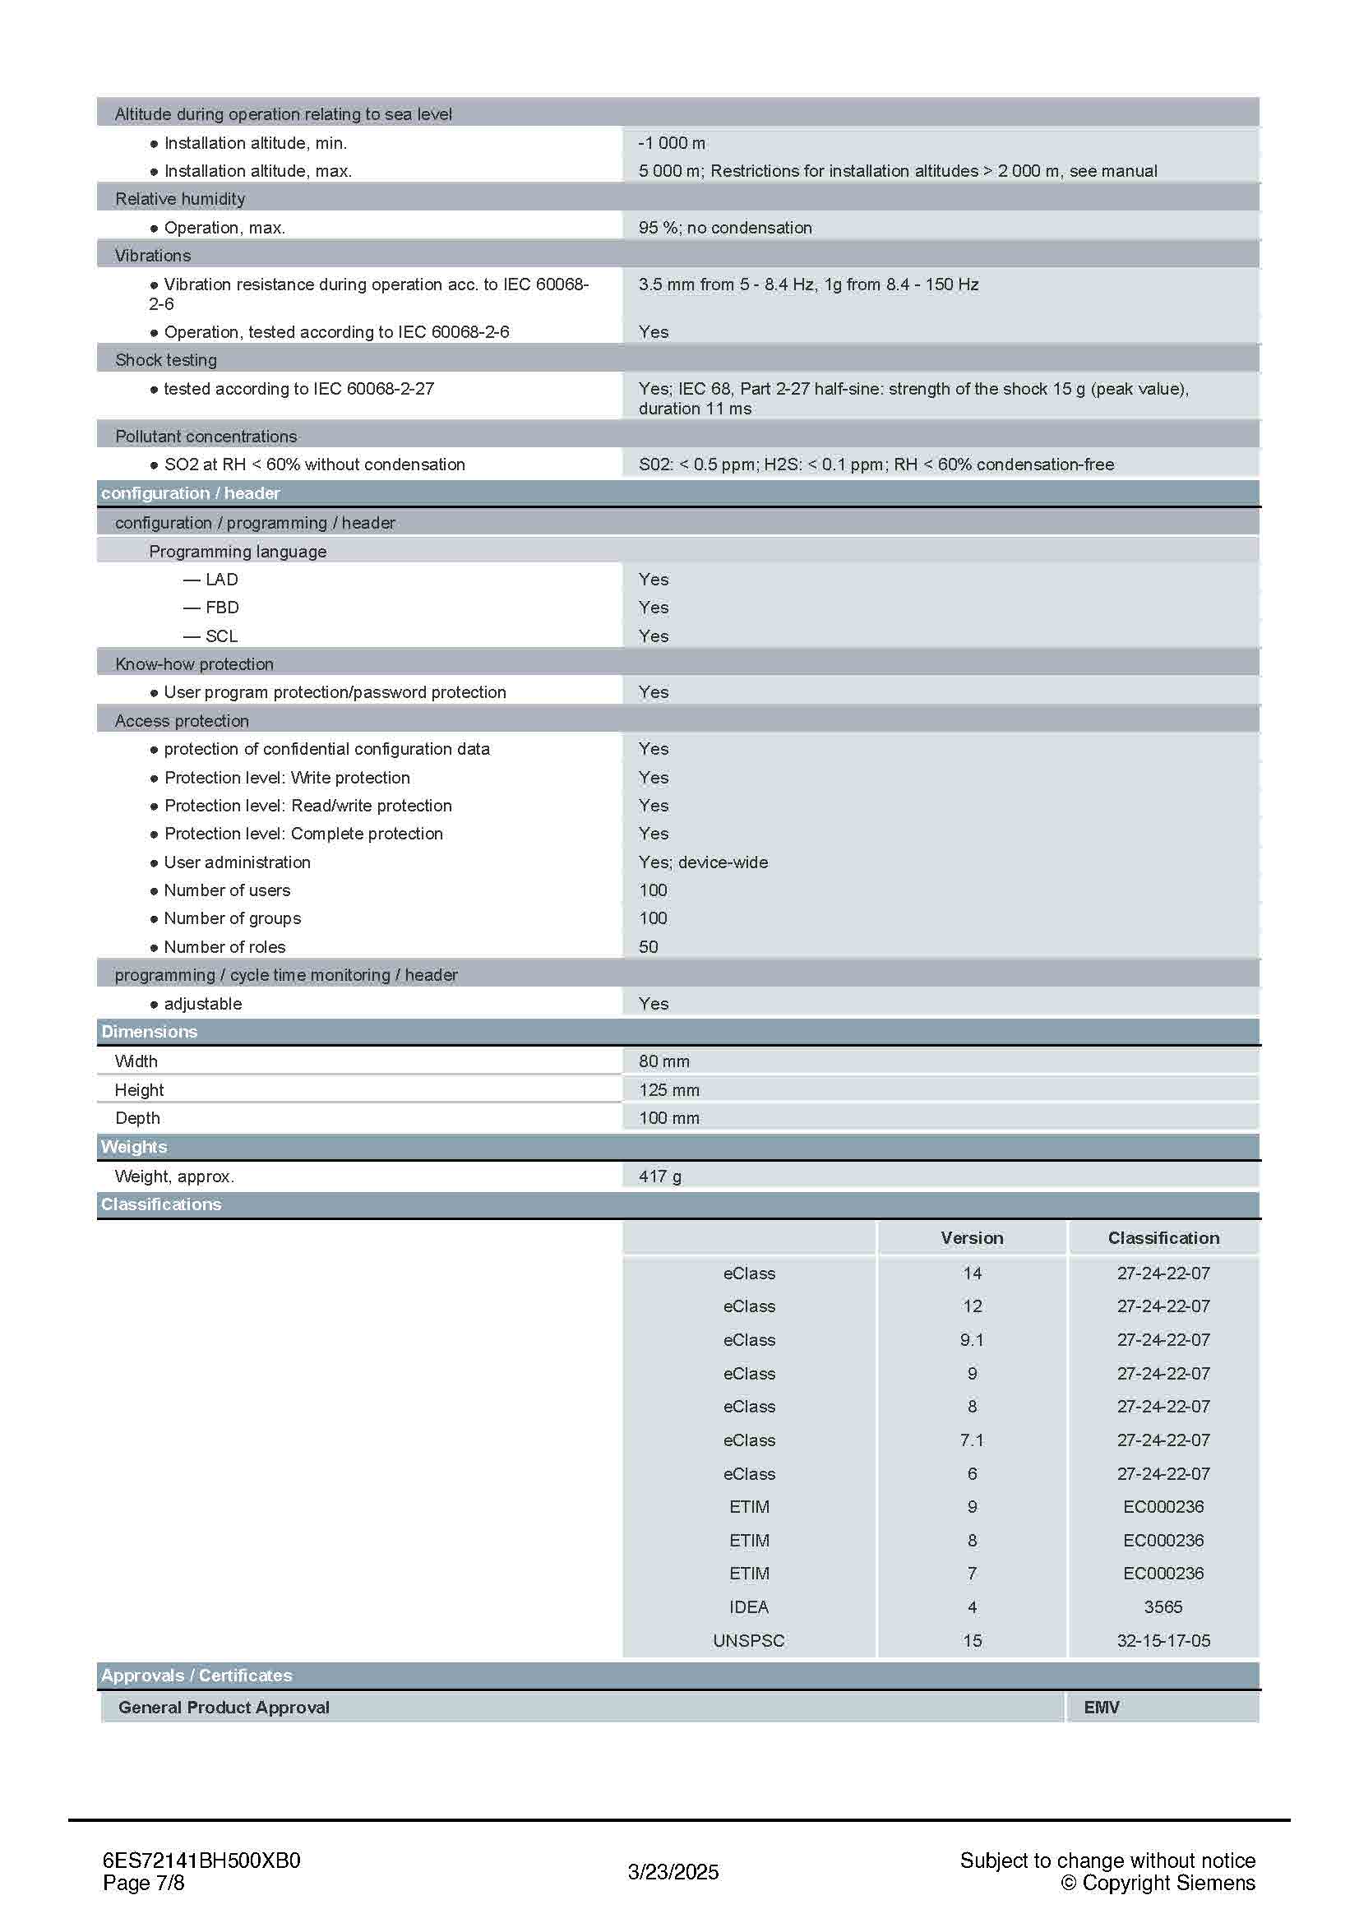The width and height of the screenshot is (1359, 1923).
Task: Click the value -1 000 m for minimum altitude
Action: [x=672, y=143]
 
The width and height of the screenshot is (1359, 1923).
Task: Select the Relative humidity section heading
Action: [x=180, y=199]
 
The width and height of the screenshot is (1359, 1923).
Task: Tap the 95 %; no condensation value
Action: [x=724, y=228]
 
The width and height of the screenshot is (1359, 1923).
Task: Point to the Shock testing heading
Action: [x=166, y=360]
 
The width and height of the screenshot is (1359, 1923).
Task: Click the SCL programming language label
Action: [x=221, y=636]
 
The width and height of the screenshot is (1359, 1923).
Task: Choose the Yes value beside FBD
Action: [x=653, y=608]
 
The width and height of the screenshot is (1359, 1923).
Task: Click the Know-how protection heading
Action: [x=194, y=664]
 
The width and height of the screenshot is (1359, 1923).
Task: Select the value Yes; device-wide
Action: [x=703, y=862]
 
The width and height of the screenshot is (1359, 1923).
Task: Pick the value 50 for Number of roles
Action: [x=648, y=946]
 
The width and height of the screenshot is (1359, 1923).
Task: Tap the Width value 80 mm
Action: [x=664, y=1061]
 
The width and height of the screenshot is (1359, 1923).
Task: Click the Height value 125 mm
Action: [x=668, y=1089]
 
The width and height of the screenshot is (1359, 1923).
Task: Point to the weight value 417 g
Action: [x=660, y=1176]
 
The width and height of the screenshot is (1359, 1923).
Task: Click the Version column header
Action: [x=971, y=1238]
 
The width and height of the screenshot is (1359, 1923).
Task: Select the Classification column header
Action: [x=1163, y=1238]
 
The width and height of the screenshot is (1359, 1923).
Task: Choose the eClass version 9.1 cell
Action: [x=971, y=1339]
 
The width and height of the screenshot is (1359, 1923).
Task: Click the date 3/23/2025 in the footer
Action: [x=673, y=1872]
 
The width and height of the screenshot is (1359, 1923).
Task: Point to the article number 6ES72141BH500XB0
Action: [x=201, y=1861]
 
